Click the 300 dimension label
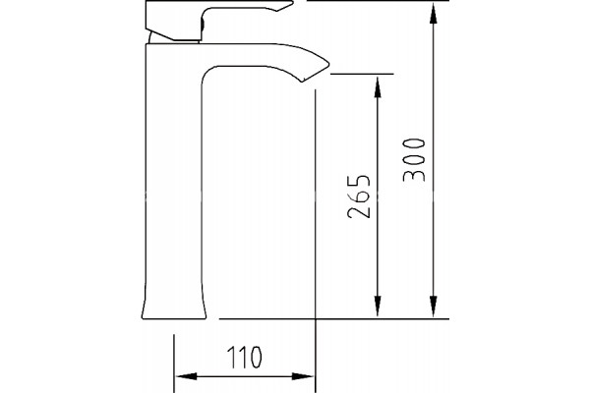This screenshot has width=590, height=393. [x=414, y=160]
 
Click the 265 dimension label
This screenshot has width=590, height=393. [x=359, y=196]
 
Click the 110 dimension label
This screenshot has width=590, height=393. [x=244, y=357]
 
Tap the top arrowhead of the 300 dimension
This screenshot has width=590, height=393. [x=434, y=14]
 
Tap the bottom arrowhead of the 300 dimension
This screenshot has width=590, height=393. [x=434, y=306]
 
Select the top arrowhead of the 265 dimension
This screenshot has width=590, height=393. [x=378, y=87]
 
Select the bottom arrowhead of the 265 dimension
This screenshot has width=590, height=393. [x=378, y=306]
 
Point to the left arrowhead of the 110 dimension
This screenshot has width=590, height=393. [x=187, y=376]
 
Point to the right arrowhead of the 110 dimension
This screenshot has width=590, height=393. [x=303, y=376]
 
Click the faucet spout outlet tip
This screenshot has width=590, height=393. [x=316, y=74]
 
